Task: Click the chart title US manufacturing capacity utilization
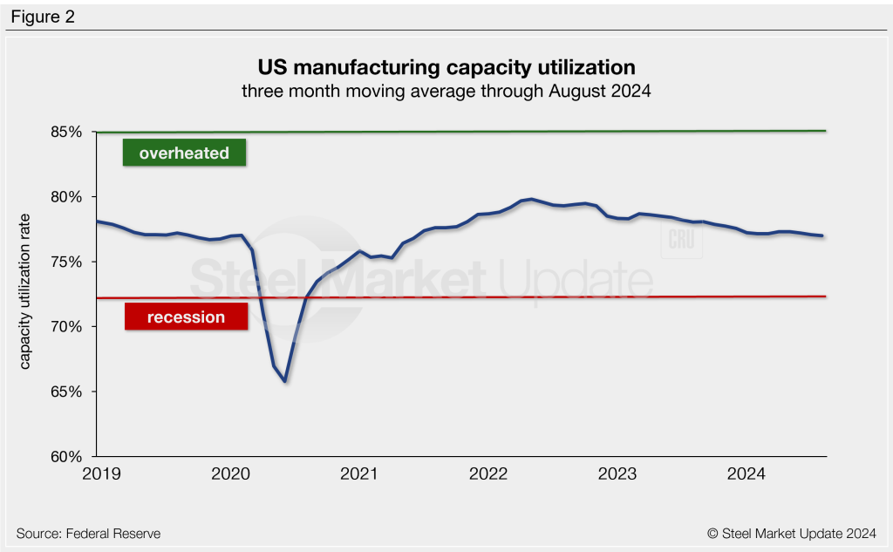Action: (x=446, y=67)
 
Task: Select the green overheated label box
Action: (x=185, y=153)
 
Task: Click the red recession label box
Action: (x=186, y=317)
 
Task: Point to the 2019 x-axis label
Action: (x=99, y=474)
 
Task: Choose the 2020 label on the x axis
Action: (x=232, y=474)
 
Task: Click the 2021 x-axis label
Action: (x=359, y=474)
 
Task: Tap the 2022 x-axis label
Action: (x=488, y=474)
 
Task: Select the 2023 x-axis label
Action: (x=617, y=474)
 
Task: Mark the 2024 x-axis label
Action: (x=746, y=474)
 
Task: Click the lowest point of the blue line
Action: (x=284, y=381)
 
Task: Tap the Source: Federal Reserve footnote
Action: (x=88, y=533)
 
